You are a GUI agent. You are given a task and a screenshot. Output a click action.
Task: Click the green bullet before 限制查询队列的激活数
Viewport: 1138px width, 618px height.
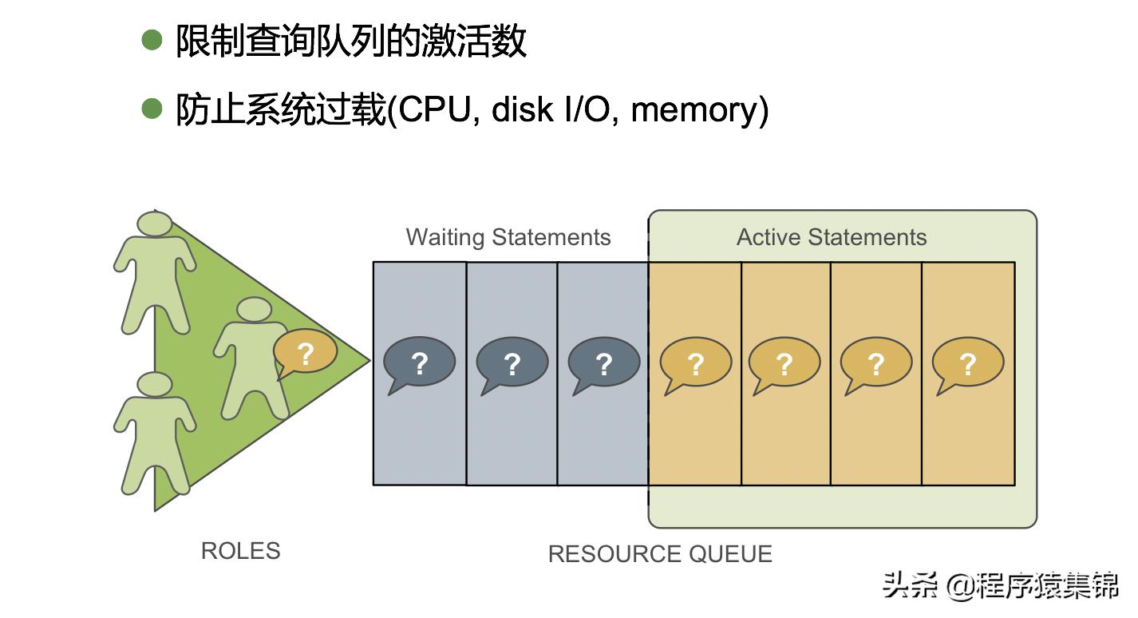[152, 39]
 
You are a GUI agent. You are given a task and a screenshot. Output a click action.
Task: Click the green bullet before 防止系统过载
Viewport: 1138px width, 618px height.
[152, 108]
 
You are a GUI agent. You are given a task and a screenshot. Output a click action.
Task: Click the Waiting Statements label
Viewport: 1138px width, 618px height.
[508, 237]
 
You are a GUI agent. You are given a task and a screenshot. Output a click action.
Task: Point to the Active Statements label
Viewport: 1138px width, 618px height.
[832, 237]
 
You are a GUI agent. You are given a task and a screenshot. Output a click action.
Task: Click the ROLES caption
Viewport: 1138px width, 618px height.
[240, 551]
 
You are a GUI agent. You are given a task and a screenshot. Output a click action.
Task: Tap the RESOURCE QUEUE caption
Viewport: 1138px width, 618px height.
[660, 554]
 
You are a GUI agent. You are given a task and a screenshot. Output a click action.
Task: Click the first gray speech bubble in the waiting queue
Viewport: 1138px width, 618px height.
[419, 363]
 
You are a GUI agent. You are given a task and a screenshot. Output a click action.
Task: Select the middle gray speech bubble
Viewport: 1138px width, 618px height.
[512, 363]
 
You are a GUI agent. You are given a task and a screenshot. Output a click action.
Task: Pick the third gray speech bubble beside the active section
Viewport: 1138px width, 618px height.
[603, 363]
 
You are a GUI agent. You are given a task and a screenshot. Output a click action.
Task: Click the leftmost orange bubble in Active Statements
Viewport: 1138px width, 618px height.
[695, 363]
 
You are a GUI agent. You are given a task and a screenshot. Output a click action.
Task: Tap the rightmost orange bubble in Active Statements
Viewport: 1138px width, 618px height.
[967, 363]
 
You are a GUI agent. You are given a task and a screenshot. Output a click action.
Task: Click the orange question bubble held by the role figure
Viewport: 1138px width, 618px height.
[305, 352]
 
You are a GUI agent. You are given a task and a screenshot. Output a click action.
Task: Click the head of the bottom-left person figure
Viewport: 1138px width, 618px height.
[154, 385]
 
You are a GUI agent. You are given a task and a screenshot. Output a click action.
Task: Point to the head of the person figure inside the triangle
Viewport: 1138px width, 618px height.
[255, 310]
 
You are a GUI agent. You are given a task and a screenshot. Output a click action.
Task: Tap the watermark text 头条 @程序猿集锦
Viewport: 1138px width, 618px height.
[1000, 587]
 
